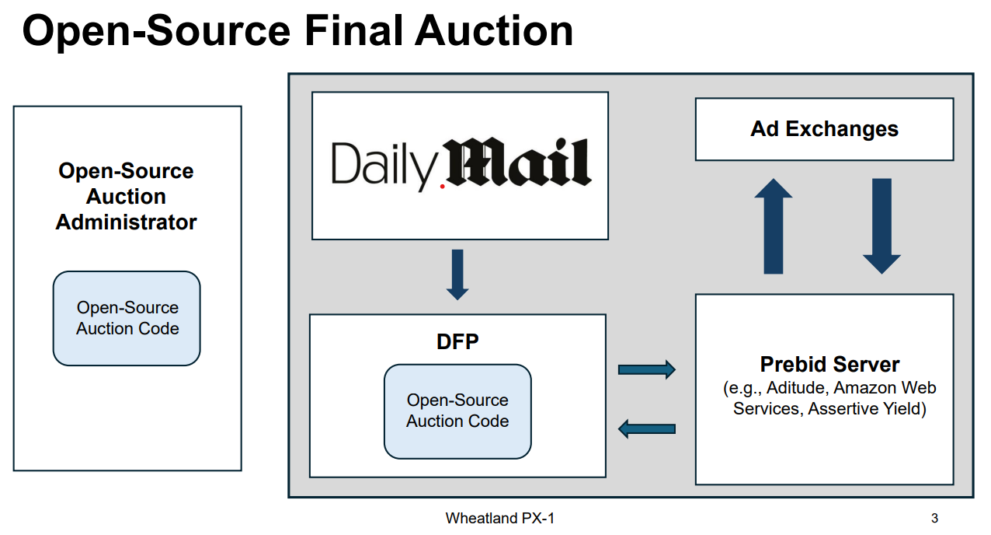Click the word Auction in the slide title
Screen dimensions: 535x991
click(x=493, y=31)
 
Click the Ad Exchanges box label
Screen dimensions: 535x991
click(x=824, y=129)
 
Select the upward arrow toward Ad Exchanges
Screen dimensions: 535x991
click(x=773, y=226)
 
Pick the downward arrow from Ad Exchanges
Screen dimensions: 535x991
click(x=881, y=226)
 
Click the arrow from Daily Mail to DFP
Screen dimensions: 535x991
click(x=457, y=274)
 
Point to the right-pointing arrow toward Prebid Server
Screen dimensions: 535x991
click(x=646, y=369)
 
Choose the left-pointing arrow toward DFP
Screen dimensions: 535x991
click(x=646, y=428)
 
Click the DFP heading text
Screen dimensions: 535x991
click(x=457, y=342)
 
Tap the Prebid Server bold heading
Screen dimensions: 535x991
click(x=829, y=364)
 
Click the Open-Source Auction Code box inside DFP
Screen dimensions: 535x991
click(x=457, y=411)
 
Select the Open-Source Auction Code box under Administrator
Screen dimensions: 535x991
click(x=127, y=318)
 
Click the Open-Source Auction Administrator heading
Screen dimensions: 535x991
click(x=126, y=197)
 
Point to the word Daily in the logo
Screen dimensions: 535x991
click(x=382, y=164)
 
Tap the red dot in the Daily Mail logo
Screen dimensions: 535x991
click(x=443, y=187)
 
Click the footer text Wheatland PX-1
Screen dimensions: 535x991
click(x=500, y=519)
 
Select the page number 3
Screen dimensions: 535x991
click(x=934, y=519)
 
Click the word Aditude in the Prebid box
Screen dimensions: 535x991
click(x=801, y=387)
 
